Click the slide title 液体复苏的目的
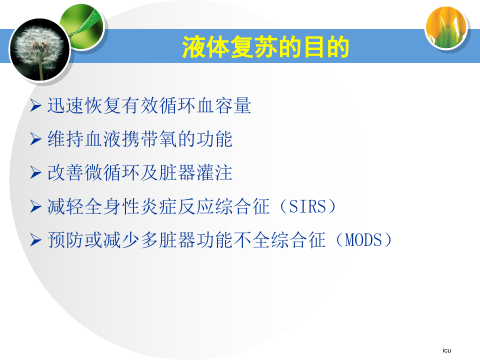click(x=265, y=46)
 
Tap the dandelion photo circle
click(x=40, y=49)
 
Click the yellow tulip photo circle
click(x=446, y=27)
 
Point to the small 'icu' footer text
click(x=446, y=350)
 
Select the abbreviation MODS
click(x=363, y=239)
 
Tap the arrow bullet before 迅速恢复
click(x=36, y=105)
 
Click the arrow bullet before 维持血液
click(x=36, y=139)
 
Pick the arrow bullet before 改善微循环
click(x=36, y=172)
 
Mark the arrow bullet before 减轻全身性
click(x=36, y=206)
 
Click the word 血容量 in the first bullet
click(x=223, y=105)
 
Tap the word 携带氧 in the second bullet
click(x=149, y=139)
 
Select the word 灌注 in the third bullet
click(x=214, y=172)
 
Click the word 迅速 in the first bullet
click(x=65, y=105)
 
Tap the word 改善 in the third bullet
click(x=65, y=172)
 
